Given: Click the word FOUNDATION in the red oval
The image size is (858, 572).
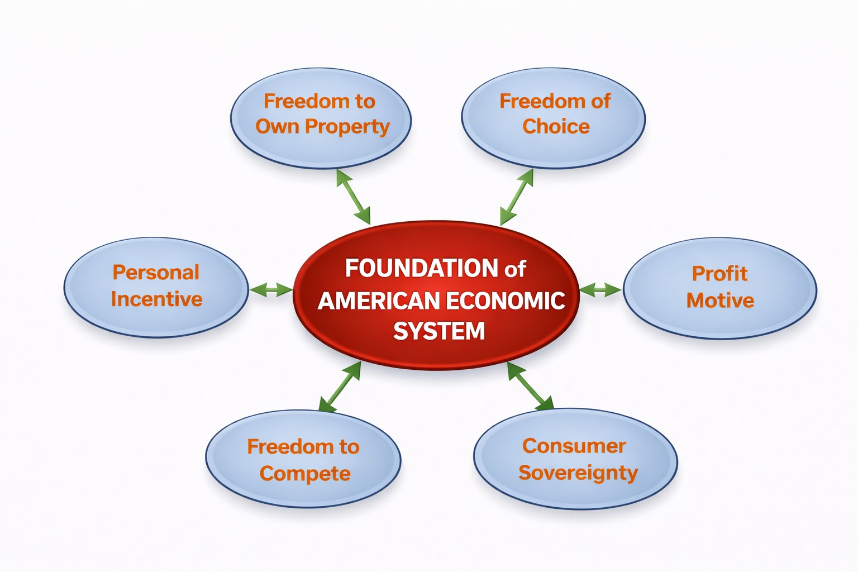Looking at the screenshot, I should [x=421, y=268].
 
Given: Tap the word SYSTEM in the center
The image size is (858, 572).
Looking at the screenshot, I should [x=439, y=331].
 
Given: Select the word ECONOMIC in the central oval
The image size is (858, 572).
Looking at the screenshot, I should [x=505, y=301].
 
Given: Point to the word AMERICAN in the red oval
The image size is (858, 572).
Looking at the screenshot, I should [x=379, y=301].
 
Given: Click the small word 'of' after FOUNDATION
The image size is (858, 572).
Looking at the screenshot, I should [x=515, y=269].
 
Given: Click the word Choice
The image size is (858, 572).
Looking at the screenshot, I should [x=556, y=126].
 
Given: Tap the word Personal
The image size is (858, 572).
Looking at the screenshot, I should [x=156, y=273].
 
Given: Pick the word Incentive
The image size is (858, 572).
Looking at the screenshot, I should [x=156, y=299].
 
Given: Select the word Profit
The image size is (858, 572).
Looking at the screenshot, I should [x=719, y=274].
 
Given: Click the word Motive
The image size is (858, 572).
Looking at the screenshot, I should [x=720, y=301].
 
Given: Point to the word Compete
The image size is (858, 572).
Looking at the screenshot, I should [x=305, y=474].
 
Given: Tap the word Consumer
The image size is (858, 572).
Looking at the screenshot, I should [x=574, y=446].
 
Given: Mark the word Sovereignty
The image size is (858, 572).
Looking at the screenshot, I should [x=578, y=473].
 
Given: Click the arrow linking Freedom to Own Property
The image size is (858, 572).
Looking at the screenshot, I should [x=353, y=197].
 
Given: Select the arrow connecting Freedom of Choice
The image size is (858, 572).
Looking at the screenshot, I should [x=517, y=197].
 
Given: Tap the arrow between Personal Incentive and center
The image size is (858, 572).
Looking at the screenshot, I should [x=271, y=289].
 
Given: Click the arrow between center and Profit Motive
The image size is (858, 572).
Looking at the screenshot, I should [x=601, y=289].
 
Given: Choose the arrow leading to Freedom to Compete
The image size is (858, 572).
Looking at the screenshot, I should [x=340, y=387].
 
